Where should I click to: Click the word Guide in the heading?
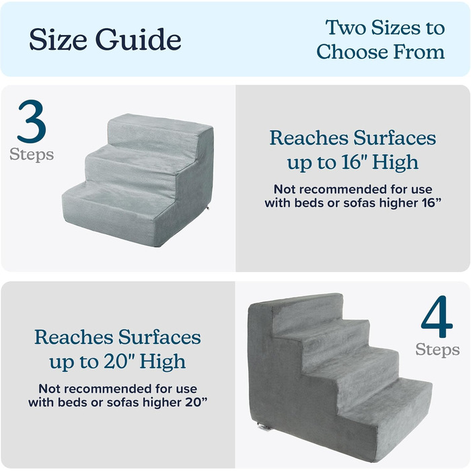click(x=139, y=39)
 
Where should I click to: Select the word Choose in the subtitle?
click(x=353, y=52)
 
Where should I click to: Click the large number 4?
click(x=437, y=317)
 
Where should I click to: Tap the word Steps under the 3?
click(x=32, y=155)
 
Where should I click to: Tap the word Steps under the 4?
click(x=437, y=350)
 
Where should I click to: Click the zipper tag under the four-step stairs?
click(x=264, y=427)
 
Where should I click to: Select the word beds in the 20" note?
click(x=70, y=402)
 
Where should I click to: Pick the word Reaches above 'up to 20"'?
click(x=74, y=337)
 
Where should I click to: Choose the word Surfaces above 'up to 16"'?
click(x=395, y=138)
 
